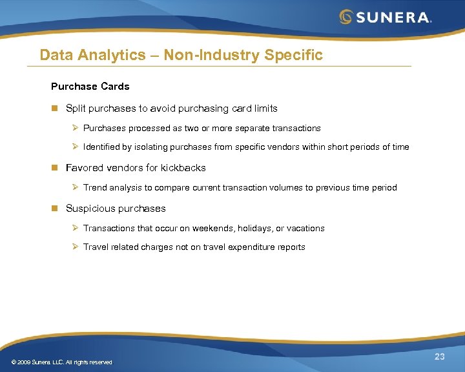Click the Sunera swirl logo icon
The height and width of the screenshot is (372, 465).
[346, 17]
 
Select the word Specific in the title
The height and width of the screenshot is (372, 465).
[293, 55]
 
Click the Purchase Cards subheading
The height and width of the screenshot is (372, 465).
[90, 87]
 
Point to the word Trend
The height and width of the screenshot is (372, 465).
[96, 188]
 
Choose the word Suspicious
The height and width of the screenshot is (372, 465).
[89, 209]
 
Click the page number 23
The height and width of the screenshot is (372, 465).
[440, 357]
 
